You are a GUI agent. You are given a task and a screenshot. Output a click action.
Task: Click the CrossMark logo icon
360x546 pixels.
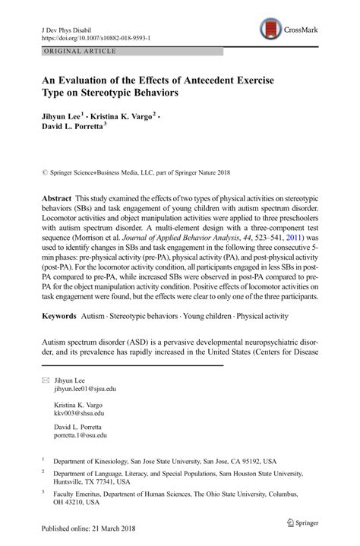coord(270,30)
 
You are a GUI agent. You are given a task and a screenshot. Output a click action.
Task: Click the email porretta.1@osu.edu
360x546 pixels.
coord(81,436)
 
